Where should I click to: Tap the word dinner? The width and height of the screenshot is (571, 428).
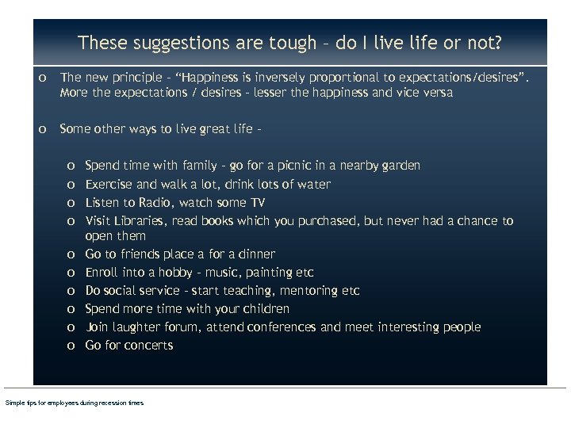click(255, 254)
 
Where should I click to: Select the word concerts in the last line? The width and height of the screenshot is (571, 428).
click(148, 345)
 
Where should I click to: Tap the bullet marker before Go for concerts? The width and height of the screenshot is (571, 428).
click(71, 346)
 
